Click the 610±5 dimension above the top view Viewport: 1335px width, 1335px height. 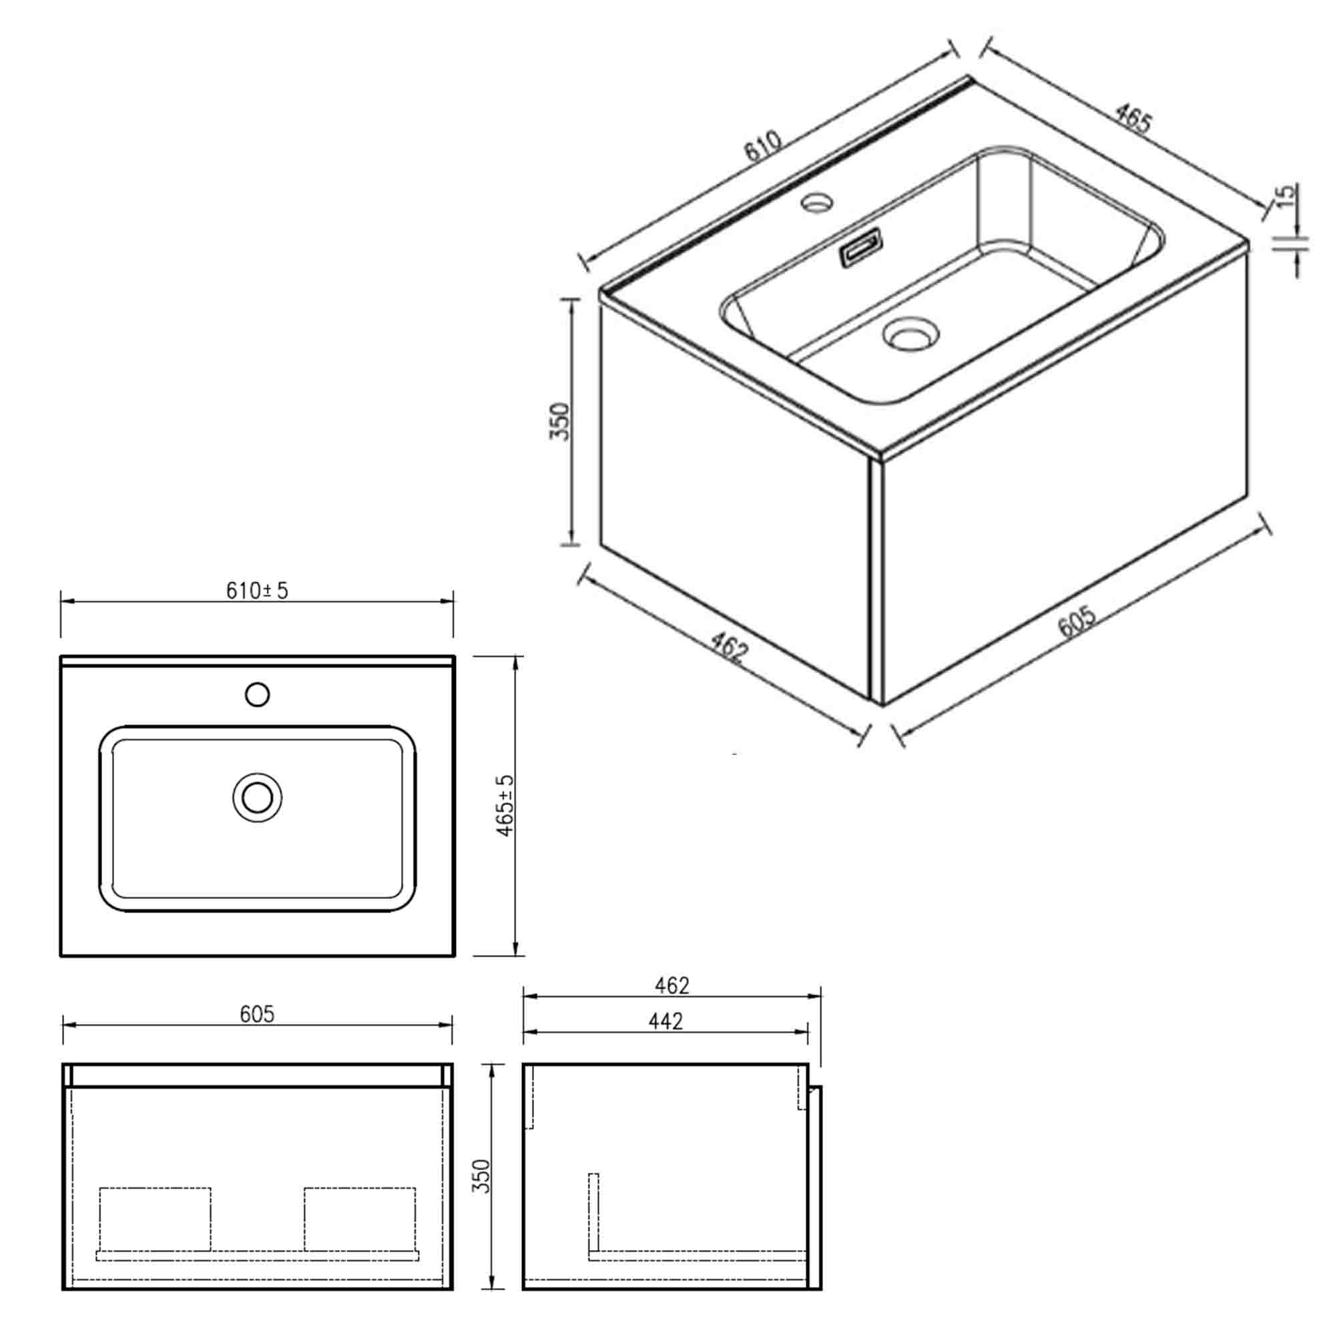tap(256, 591)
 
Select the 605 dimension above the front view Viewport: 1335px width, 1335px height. tap(257, 1014)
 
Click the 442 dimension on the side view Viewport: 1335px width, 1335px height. tap(666, 1021)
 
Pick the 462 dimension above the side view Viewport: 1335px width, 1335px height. tap(672, 985)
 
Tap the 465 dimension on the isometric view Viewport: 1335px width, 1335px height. tap(1133, 119)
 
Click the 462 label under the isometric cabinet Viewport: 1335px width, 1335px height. tap(729, 649)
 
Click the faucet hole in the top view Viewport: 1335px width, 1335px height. tap(257, 694)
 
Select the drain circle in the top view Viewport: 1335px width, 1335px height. tap(257, 798)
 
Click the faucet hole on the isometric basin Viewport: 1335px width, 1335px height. tap(817, 202)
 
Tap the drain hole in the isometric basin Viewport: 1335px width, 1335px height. tap(910, 335)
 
